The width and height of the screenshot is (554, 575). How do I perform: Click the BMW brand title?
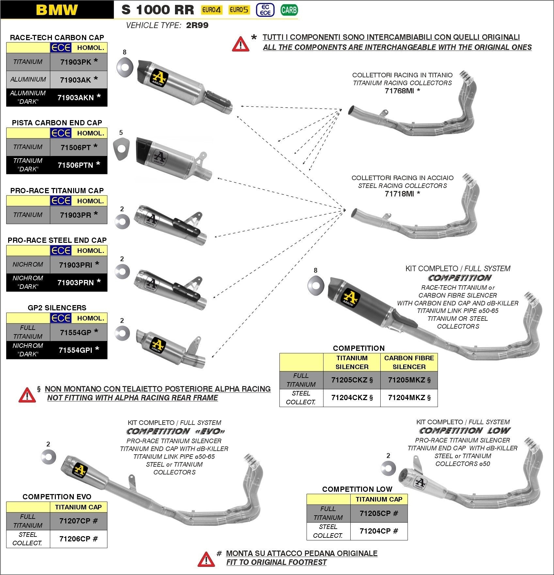pos(57,10)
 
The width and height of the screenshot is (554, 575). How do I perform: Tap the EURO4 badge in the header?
pos(211,10)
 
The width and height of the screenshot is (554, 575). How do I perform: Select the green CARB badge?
pos(289,10)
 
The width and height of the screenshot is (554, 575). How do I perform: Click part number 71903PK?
pos(76,62)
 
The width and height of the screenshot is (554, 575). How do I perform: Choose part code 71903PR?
pos(75,215)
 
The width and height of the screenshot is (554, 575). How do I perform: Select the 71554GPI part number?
pos(75,350)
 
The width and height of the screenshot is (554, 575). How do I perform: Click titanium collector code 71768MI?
pos(399,91)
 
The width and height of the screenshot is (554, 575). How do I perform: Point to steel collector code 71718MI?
pos(399,194)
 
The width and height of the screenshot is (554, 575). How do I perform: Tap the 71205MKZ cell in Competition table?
pos(406,380)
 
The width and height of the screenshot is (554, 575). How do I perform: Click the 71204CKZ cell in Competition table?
pos(349,397)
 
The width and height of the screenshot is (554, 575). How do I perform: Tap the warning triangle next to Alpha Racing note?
pos(27,395)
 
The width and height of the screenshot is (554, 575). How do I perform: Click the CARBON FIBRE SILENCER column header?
pos(409,362)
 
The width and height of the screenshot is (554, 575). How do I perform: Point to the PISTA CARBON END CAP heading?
pos(57,123)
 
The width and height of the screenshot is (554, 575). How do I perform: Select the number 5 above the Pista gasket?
pos(121,132)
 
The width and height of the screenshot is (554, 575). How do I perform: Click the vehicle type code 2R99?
pos(197,25)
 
